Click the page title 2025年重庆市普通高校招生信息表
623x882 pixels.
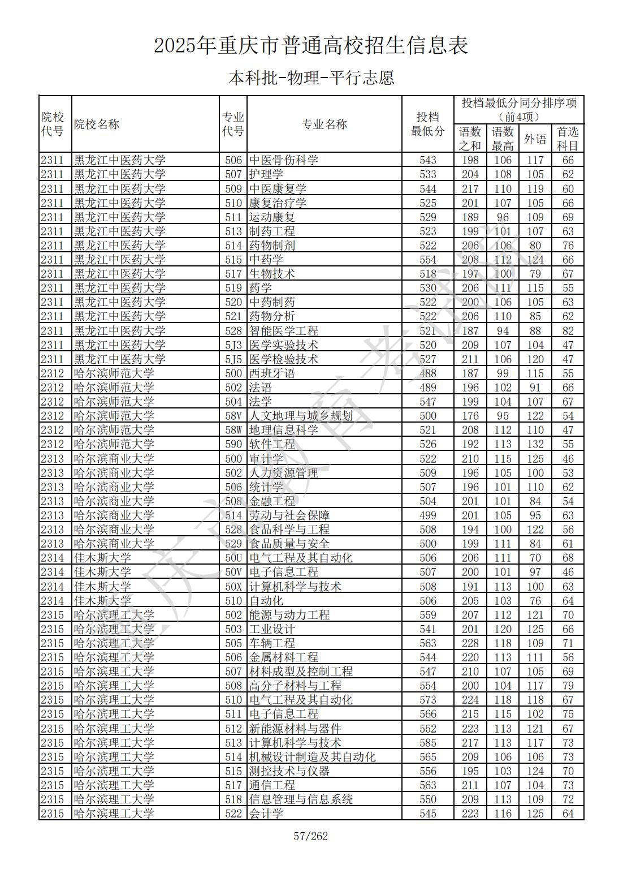(x=311, y=45)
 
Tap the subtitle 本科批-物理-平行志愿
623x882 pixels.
(x=311, y=78)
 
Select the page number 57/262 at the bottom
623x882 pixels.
(x=311, y=836)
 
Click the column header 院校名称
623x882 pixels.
(x=97, y=124)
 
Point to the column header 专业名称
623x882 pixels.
(x=325, y=124)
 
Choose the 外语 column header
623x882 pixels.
(x=535, y=139)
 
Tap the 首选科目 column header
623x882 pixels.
(x=568, y=139)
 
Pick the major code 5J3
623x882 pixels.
(x=233, y=345)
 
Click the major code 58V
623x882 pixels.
(x=233, y=416)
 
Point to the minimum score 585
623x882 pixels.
(x=428, y=743)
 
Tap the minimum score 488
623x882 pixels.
(x=428, y=373)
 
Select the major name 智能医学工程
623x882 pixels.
(x=284, y=331)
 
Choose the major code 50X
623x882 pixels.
(x=233, y=587)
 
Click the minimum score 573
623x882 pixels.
(x=428, y=700)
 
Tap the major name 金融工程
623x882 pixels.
(x=272, y=501)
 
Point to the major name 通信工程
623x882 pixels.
(x=272, y=785)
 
